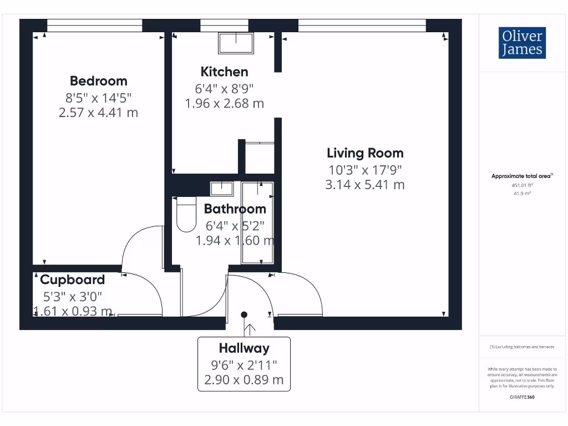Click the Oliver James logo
click(x=522, y=43)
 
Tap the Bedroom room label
click(x=99, y=81)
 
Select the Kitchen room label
click(x=224, y=72)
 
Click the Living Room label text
click(x=365, y=153)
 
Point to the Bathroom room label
click(x=235, y=209)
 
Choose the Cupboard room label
click(x=72, y=280)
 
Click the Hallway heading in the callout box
click(x=244, y=348)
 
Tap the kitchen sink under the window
click(x=236, y=42)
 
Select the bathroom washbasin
click(x=222, y=188)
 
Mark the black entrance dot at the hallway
click(x=244, y=315)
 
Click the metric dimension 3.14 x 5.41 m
click(x=365, y=185)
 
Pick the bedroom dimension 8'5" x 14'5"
click(x=99, y=98)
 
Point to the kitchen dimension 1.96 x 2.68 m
click(x=224, y=103)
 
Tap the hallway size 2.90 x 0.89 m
click(x=244, y=380)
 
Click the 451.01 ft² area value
click(x=521, y=186)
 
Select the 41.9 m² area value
click(x=521, y=194)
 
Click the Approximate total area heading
click(x=521, y=176)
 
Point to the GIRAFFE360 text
click(x=521, y=397)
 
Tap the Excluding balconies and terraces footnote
click(x=521, y=347)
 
